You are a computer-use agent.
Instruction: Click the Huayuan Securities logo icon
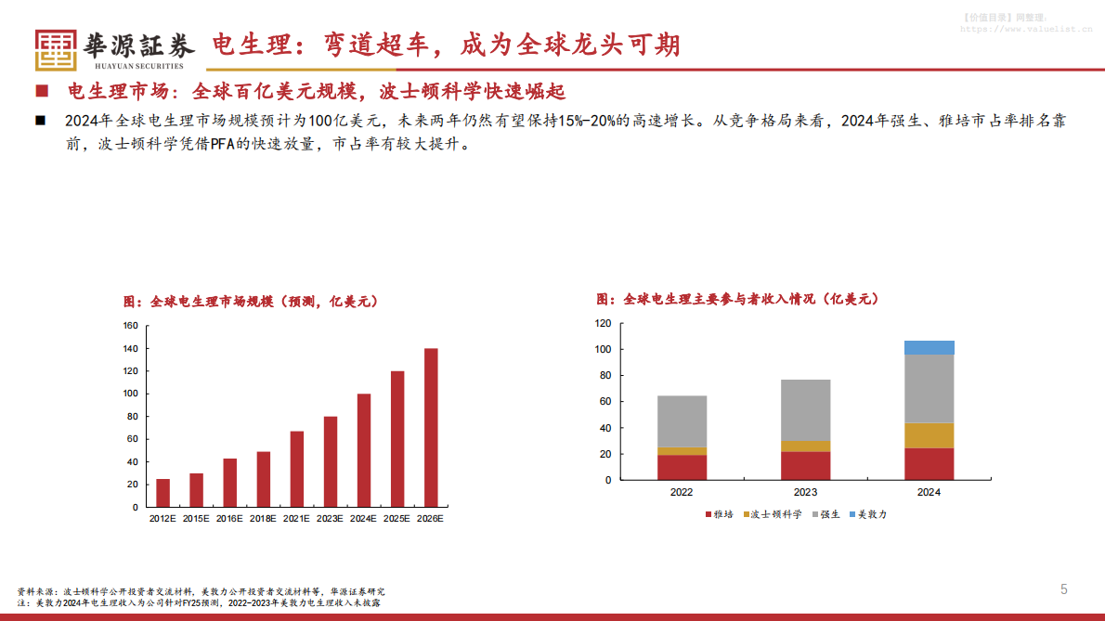coord(56,50)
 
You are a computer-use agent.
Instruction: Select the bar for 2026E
coord(431,428)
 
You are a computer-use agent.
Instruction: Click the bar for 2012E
coord(162,493)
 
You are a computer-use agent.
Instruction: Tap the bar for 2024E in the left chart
coord(364,450)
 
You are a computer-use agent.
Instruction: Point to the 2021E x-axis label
coord(297,519)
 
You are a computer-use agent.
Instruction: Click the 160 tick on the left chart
coord(130,326)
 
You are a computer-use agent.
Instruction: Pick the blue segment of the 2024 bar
coord(929,348)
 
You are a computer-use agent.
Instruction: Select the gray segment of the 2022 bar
coord(682,421)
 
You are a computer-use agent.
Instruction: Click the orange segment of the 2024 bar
coord(929,435)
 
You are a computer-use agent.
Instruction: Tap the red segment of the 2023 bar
coord(805,465)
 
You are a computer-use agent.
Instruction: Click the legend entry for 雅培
coord(720,513)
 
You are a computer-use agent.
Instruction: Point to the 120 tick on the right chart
coord(603,324)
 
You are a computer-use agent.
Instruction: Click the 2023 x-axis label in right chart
coord(805,492)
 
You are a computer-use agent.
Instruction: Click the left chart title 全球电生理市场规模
coord(251,302)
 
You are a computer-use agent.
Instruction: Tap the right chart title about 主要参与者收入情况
coord(737,299)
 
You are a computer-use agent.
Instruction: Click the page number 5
coord(1064,589)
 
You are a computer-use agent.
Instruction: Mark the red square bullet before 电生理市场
coord(41,92)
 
